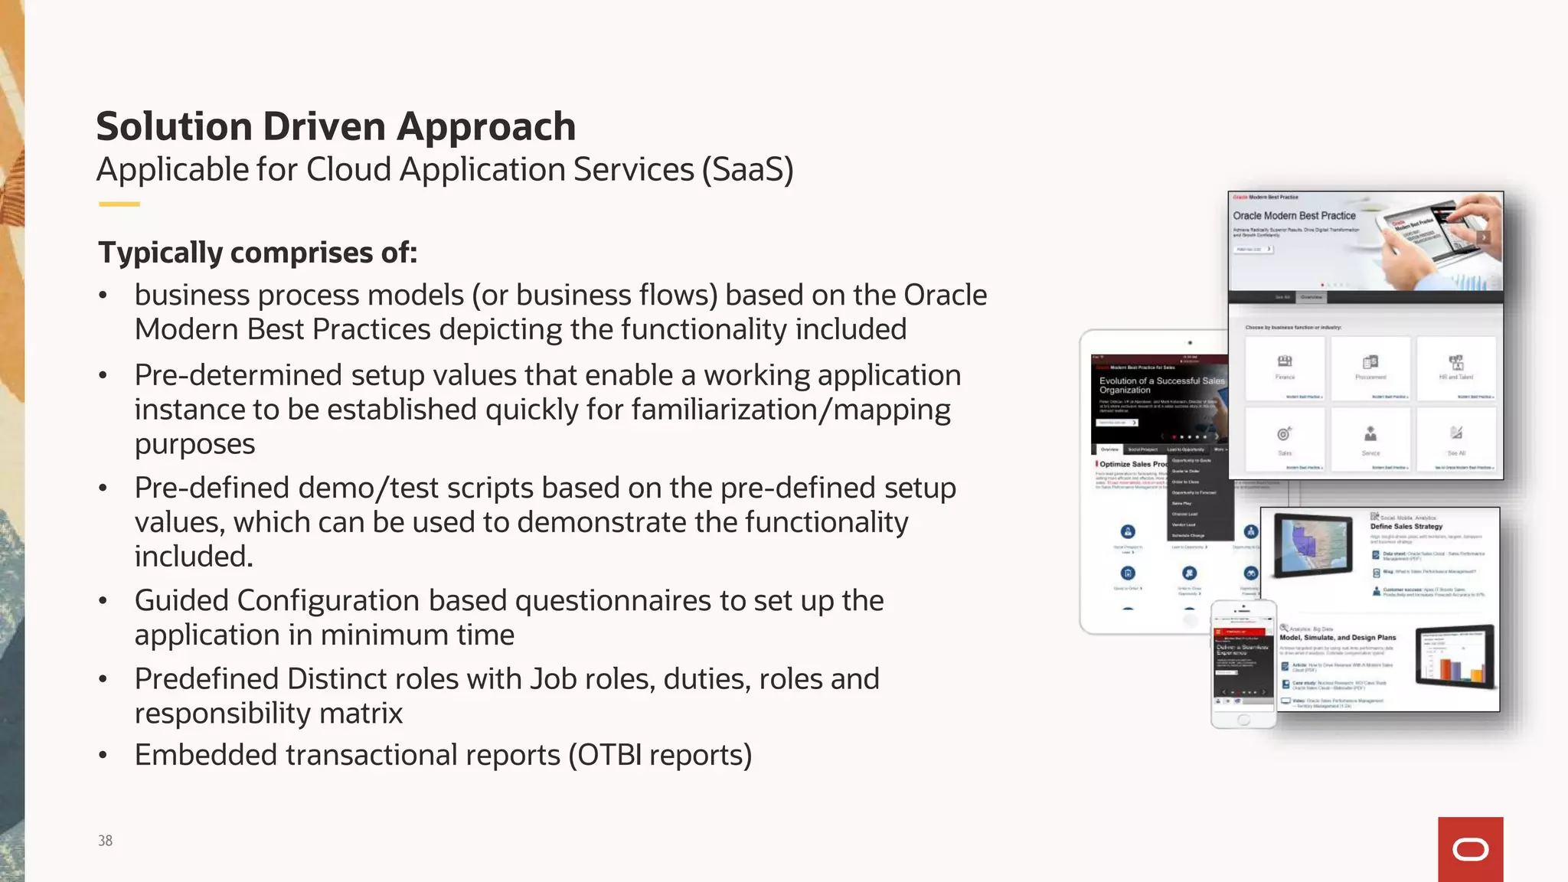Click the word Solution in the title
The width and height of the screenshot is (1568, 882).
pos(174,127)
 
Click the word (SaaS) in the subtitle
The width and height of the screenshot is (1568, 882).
pos(748,170)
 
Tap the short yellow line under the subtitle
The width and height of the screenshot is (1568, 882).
pos(119,204)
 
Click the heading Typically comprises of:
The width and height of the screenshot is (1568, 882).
pos(258,253)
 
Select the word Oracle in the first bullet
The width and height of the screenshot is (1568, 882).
pos(945,295)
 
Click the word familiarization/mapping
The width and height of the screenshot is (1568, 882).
pos(791,410)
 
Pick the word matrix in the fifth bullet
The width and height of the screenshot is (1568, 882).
pos(361,714)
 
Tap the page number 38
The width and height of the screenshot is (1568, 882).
pos(105,841)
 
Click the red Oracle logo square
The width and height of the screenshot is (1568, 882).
pos(1470,849)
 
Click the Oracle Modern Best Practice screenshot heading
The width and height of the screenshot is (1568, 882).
pos(1294,216)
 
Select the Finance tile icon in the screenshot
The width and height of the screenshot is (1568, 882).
pos(1285,361)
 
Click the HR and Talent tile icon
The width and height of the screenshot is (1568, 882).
pos(1455,361)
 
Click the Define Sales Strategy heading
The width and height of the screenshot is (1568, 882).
pos(1406,527)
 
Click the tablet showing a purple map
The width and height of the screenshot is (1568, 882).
pos(1313,544)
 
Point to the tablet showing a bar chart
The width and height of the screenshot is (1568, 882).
pos(1454,655)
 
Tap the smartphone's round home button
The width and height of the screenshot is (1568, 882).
pos(1243,720)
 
